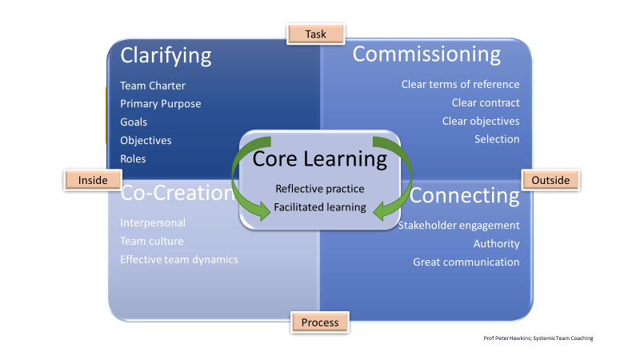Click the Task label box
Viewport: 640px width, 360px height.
(x=315, y=34)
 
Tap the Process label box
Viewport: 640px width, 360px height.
(x=320, y=322)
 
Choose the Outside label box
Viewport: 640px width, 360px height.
(x=550, y=180)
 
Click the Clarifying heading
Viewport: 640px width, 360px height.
(x=166, y=55)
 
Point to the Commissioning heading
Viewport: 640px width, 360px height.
(x=426, y=54)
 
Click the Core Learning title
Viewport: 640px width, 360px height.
(x=319, y=158)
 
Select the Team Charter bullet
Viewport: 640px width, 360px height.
(x=153, y=85)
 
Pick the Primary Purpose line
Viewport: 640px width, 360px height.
(x=160, y=103)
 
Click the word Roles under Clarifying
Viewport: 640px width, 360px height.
(x=133, y=158)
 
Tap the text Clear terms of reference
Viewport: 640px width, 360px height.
(x=460, y=84)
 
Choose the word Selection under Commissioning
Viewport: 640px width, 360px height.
(x=496, y=139)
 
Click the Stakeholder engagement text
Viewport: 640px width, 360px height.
(x=458, y=225)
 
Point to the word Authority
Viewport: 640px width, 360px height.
(x=496, y=243)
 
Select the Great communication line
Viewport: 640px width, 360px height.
(x=466, y=262)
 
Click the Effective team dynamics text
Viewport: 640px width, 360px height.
(x=178, y=259)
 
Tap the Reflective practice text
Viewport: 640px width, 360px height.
(x=319, y=189)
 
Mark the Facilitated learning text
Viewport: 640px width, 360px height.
(x=319, y=207)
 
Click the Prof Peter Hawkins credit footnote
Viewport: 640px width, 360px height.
(x=538, y=338)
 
